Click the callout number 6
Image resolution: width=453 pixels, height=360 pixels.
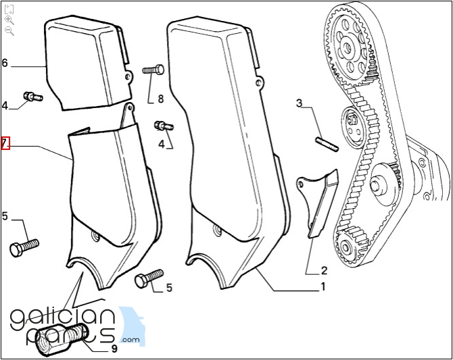pos(5,63)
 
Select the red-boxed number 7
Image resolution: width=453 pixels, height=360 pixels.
pos(5,143)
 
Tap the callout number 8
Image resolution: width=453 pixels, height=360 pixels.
pos(161,99)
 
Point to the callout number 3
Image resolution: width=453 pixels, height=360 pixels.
pos(300,103)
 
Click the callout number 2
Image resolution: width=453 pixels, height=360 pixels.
pos(324,270)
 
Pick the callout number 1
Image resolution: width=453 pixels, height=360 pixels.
pos(323,286)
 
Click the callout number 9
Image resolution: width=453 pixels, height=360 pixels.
pos(114,349)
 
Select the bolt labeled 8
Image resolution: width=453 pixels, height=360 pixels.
pos(153,70)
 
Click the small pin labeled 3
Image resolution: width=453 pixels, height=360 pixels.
pos(327,145)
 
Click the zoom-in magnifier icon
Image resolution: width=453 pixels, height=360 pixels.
pos(9,20)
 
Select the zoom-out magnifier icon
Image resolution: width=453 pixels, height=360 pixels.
pos(9,30)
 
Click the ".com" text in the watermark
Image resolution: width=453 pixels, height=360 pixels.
pos(130,340)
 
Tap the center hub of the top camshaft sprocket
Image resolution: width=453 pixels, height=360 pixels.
pos(348,46)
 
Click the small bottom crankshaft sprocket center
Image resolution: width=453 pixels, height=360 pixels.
pos(345,247)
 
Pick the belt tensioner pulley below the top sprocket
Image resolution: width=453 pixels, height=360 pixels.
pos(353,126)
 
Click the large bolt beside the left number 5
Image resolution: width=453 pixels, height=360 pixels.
pos(24,247)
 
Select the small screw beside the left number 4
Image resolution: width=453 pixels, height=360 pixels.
pos(32,97)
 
